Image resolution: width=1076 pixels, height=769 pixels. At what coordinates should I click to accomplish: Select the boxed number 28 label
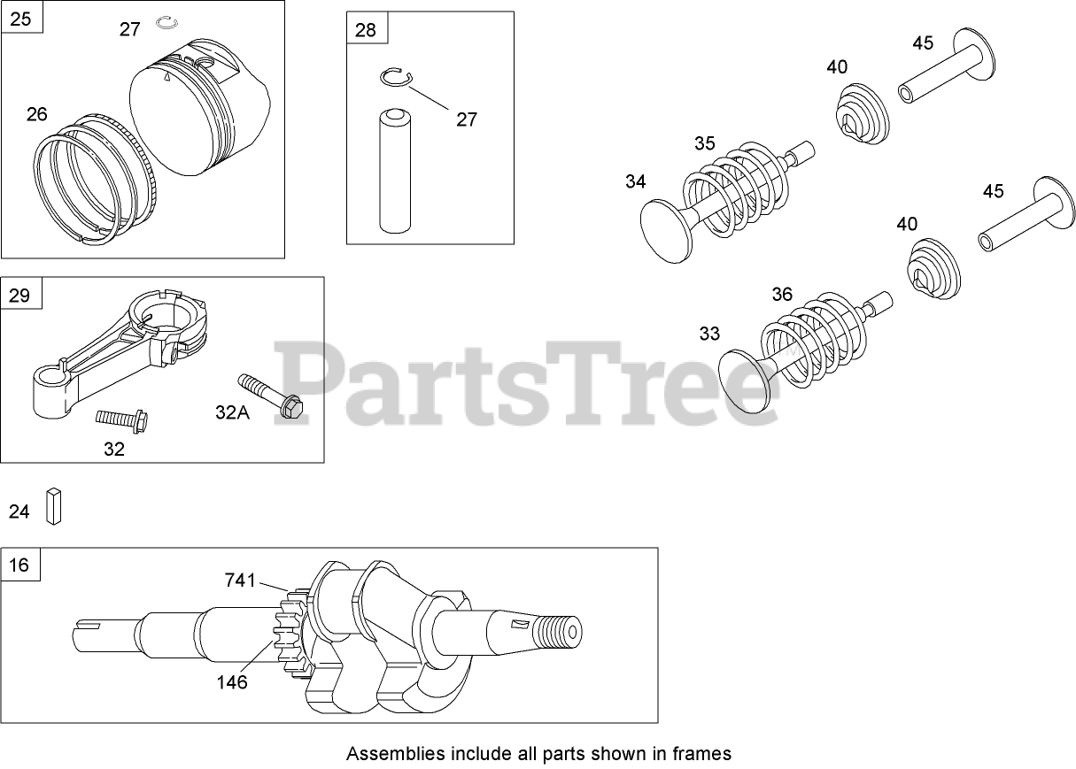click(365, 30)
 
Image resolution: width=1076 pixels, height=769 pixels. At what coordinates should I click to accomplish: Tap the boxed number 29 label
click(19, 295)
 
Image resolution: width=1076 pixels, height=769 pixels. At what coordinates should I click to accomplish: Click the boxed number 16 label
click(19, 565)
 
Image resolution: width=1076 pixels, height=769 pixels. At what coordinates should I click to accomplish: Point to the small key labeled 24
click(54, 506)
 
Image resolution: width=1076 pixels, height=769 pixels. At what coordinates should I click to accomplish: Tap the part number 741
click(240, 581)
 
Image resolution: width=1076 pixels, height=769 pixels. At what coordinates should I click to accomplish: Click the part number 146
click(231, 682)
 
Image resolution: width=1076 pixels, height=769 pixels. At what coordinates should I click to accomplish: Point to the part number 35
click(704, 142)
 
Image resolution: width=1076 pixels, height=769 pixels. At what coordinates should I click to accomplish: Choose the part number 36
click(782, 294)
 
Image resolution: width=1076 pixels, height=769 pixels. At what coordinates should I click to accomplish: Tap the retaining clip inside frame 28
click(398, 78)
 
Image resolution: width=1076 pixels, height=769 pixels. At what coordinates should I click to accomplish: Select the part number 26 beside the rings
click(36, 114)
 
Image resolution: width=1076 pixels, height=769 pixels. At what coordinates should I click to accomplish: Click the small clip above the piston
click(167, 21)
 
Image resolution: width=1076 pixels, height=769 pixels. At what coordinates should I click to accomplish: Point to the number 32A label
click(232, 411)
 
